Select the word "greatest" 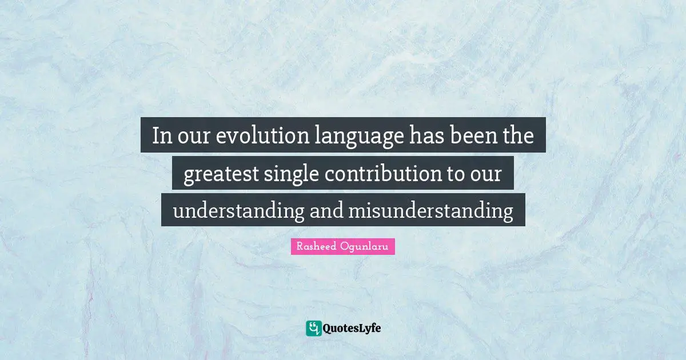pyautogui.click(x=220, y=174)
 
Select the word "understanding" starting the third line pyautogui.click(x=238, y=211)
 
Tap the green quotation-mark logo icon pyautogui.click(x=313, y=328)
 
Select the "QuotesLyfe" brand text pyautogui.click(x=352, y=329)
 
